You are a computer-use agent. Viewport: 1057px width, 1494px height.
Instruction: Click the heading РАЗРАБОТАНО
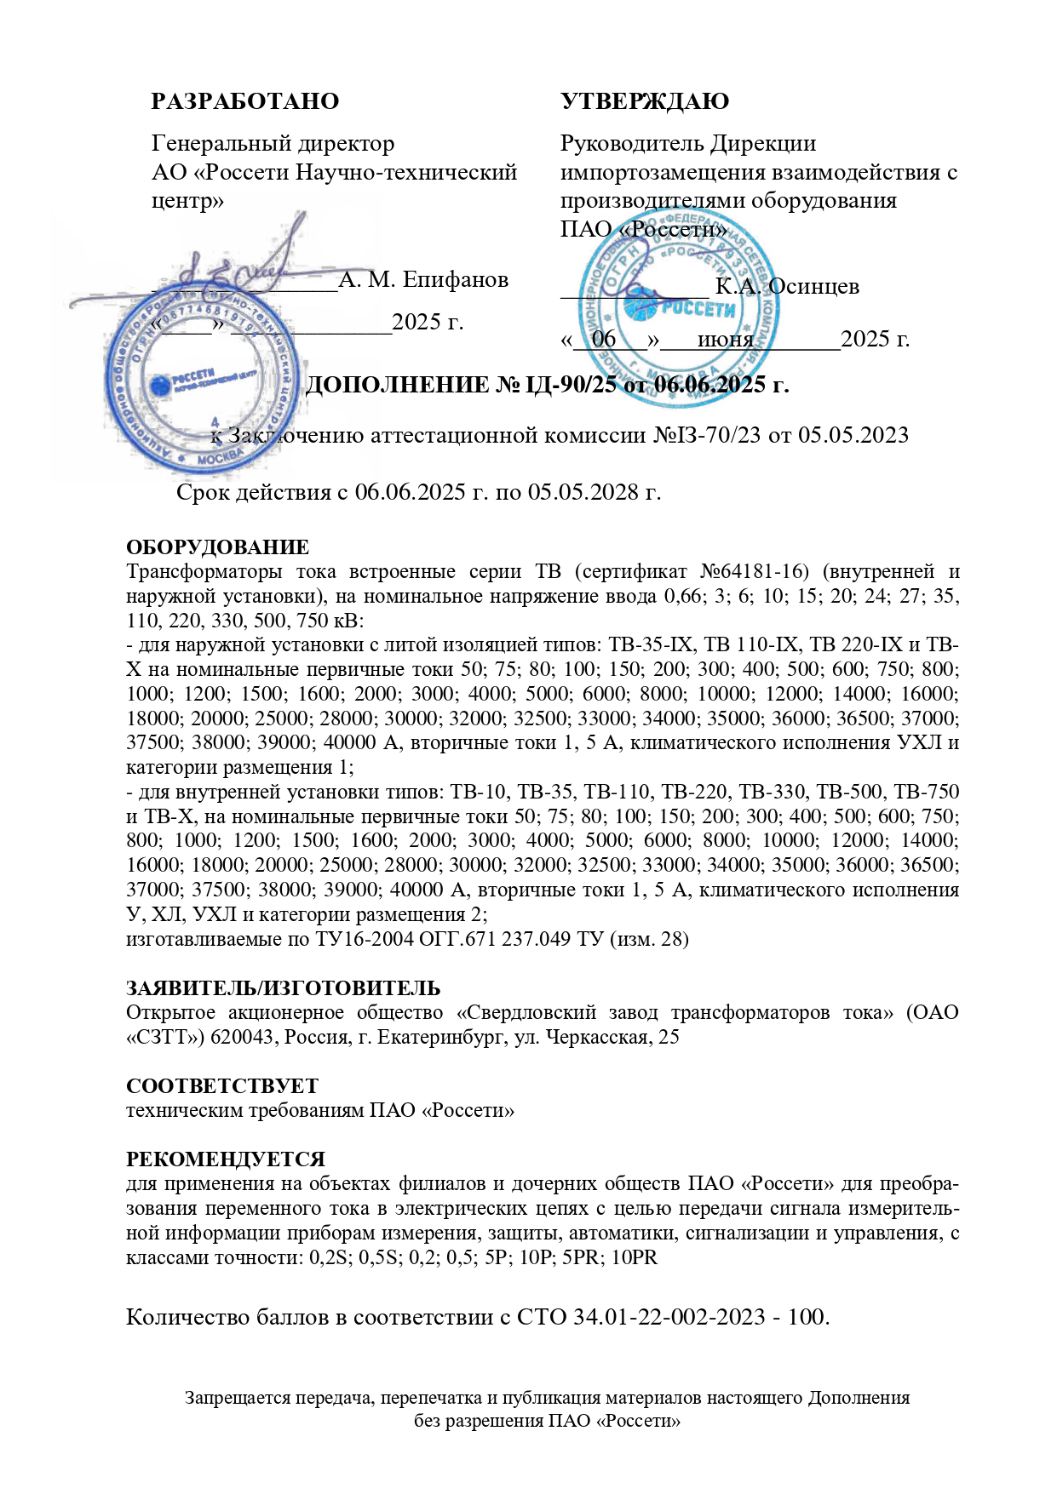pyautogui.click(x=244, y=101)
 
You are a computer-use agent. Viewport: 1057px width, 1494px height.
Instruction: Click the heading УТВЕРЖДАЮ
pyautogui.click(x=644, y=101)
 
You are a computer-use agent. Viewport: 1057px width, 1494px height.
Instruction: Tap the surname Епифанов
pyautogui.click(x=456, y=279)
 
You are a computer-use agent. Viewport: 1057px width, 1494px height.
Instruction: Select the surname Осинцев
pyautogui.click(x=813, y=287)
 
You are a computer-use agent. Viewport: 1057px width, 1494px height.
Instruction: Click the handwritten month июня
pyautogui.click(x=725, y=340)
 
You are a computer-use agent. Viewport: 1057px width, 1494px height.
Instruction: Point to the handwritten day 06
pyautogui.click(x=604, y=339)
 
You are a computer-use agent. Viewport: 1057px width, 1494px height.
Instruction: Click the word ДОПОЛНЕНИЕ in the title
pyautogui.click(x=397, y=385)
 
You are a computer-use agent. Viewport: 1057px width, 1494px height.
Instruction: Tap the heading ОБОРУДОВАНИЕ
pyautogui.click(x=217, y=547)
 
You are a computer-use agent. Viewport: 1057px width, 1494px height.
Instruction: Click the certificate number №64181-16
pyautogui.click(x=753, y=571)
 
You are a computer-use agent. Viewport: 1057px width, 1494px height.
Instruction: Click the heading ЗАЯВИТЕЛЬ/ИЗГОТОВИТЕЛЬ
pyautogui.click(x=283, y=988)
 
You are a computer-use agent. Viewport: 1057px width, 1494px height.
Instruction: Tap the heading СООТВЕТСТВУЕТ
pyautogui.click(x=222, y=1086)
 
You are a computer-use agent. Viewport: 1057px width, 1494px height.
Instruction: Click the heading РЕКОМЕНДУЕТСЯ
pyautogui.click(x=226, y=1159)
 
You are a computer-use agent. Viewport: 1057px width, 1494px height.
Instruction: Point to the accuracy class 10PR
pyautogui.click(x=635, y=1257)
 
